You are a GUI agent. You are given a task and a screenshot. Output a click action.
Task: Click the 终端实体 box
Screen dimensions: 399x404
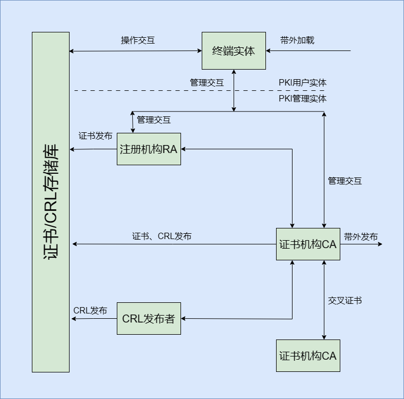click(x=234, y=51)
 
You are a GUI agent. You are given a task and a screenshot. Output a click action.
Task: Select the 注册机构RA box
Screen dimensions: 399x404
click(x=149, y=149)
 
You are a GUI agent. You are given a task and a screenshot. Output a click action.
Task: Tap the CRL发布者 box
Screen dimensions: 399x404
click(x=149, y=319)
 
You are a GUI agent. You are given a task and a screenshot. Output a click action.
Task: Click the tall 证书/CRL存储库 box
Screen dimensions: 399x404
click(x=50, y=202)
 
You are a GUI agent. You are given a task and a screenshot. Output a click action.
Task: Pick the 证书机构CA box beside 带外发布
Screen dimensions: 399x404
click(x=308, y=244)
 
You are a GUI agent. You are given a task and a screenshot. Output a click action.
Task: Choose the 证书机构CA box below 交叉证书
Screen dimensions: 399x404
click(x=308, y=355)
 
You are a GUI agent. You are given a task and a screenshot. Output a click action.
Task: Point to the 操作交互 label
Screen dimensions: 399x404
click(x=138, y=40)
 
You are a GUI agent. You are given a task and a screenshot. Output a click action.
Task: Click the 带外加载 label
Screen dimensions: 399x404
click(x=297, y=40)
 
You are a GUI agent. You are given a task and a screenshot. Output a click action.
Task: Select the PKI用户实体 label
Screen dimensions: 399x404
click(x=303, y=83)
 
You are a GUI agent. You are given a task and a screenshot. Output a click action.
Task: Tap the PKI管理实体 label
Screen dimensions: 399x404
click(x=303, y=98)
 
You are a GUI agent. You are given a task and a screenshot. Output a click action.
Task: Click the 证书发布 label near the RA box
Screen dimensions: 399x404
click(x=96, y=136)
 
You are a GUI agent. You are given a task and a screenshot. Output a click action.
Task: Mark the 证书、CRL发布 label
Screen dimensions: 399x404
click(x=162, y=236)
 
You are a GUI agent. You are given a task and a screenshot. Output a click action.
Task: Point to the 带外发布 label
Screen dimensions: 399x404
click(x=361, y=236)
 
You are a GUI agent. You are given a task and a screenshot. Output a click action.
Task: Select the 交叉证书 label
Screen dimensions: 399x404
click(x=345, y=301)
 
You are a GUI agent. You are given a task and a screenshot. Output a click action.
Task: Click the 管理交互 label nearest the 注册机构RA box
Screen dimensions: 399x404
click(x=154, y=120)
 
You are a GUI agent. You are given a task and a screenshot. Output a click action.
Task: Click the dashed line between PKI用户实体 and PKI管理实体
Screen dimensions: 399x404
click(x=159, y=91)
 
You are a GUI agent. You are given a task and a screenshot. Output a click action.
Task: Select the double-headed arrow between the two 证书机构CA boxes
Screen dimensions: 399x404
click(x=324, y=300)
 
